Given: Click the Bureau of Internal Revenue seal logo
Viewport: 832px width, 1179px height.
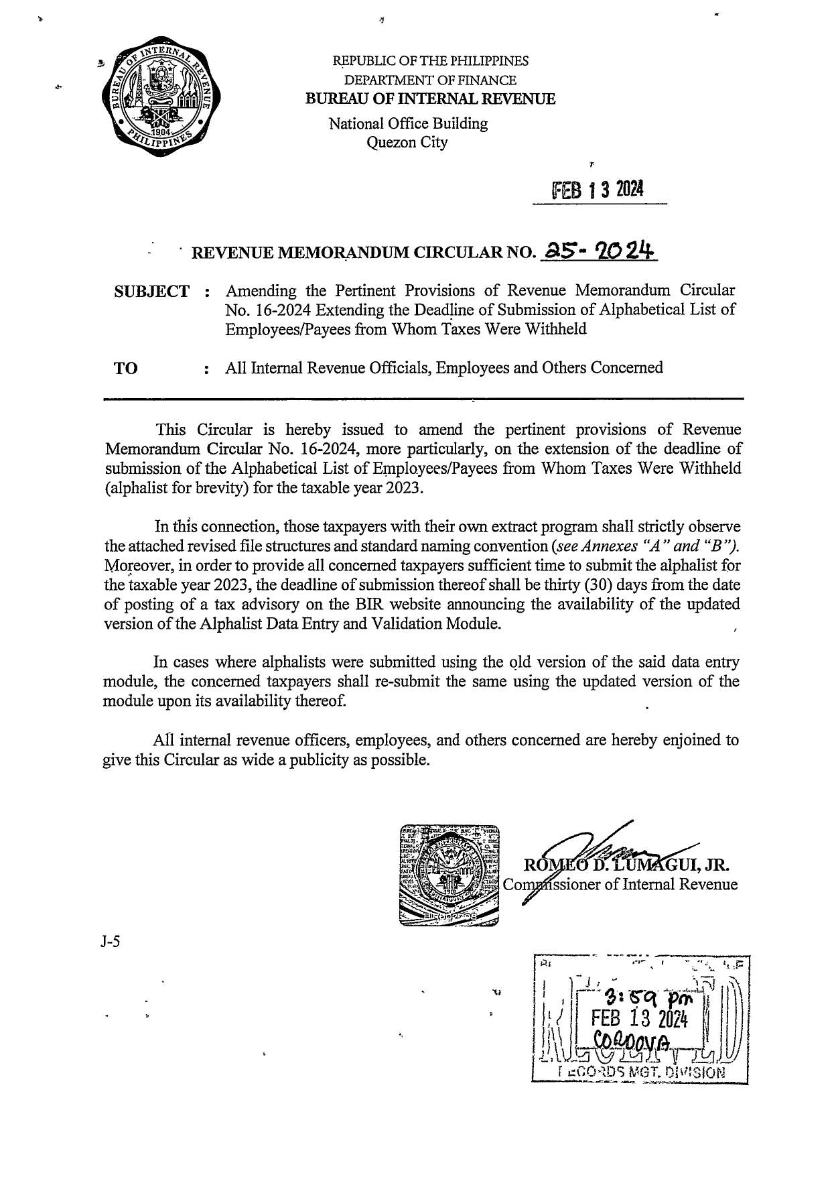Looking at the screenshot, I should pos(160,96).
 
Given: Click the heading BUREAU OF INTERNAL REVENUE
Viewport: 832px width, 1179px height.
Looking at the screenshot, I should pos(430,99).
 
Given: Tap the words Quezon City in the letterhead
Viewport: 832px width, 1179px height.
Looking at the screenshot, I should pos(408,142).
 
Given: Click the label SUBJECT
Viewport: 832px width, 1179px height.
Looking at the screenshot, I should pos(152,292).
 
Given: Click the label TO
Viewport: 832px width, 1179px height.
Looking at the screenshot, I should pos(127,368).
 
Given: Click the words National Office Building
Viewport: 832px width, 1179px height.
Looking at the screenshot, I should pos(408,124).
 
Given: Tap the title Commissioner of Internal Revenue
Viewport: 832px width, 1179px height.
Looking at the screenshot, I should pos(620,884).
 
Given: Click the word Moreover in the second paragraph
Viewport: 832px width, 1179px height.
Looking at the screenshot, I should pos(131,565).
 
